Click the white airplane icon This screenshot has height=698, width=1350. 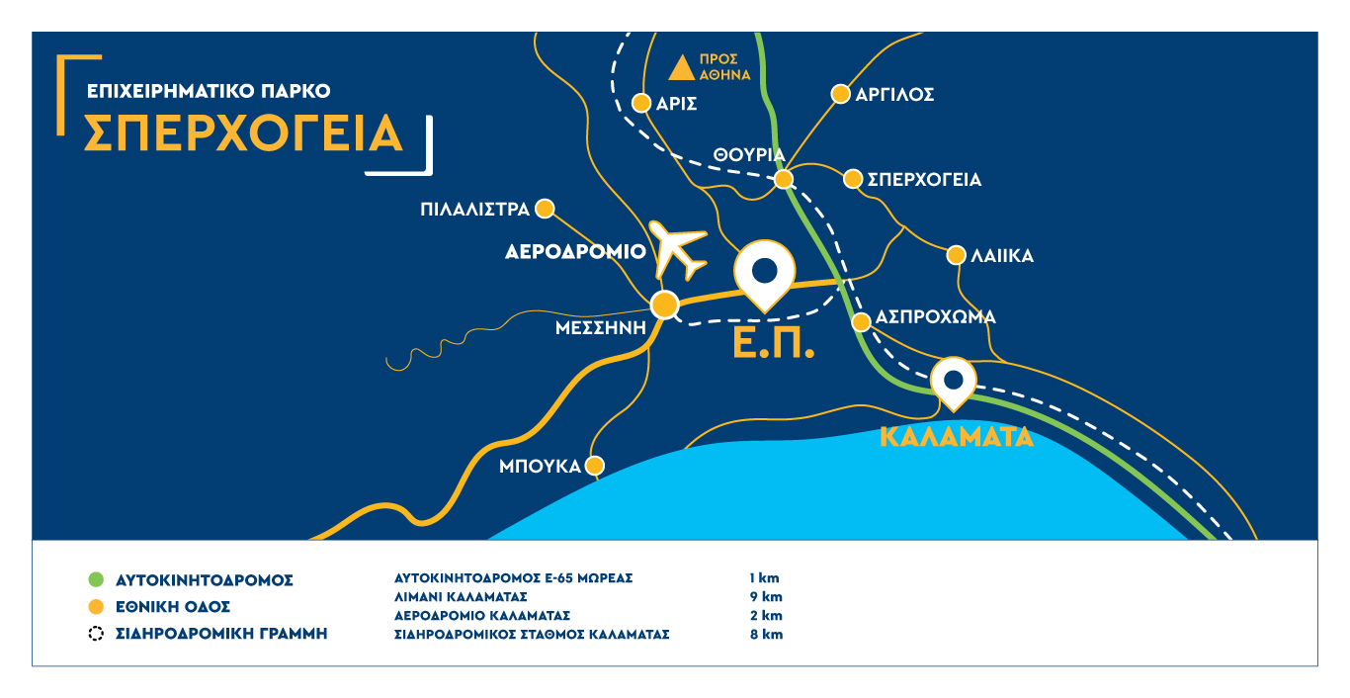(x=680, y=252)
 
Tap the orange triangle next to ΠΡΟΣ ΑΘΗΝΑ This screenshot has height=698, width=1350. (x=681, y=68)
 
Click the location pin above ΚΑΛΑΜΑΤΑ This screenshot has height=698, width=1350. (x=954, y=382)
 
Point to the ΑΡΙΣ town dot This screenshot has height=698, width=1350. (x=640, y=103)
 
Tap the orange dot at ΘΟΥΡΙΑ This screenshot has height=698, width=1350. (x=783, y=179)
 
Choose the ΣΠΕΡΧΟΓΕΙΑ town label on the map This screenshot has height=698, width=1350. (x=925, y=180)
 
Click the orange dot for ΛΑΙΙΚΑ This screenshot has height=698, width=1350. (x=956, y=255)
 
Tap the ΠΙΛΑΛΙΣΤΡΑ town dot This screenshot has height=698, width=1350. (x=546, y=209)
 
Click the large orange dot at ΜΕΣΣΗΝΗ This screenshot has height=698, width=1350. (x=665, y=305)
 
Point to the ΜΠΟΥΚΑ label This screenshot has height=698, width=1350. (x=540, y=466)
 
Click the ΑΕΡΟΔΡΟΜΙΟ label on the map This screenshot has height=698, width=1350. (x=575, y=251)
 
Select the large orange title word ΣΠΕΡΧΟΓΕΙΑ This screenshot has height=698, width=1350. (x=244, y=133)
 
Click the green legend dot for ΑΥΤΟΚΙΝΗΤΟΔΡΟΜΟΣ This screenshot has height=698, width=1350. (x=95, y=579)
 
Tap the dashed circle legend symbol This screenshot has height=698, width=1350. (x=95, y=634)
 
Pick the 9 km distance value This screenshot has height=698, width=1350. (x=766, y=596)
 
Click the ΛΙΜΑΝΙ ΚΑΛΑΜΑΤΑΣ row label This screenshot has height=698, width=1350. (x=461, y=596)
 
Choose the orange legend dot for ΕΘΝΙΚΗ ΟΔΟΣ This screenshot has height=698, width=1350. (x=95, y=606)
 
